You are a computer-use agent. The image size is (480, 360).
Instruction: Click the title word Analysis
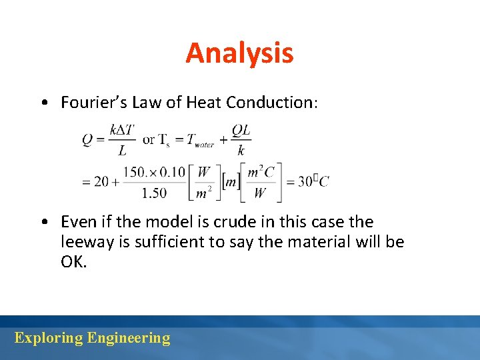tap(239, 53)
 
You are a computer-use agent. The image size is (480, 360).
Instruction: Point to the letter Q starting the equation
tap(87, 140)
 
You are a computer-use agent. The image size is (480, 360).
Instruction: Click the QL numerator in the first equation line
tap(241, 131)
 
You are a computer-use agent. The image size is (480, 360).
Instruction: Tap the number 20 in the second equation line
tap(101, 181)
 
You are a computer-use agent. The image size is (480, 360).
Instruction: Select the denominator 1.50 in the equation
tap(155, 193)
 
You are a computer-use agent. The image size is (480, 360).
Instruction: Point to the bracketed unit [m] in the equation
tap(231, 181)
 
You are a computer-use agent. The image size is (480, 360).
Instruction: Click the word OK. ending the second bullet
tap(73, 261)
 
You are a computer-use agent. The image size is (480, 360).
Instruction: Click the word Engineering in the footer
tap(129, 338)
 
